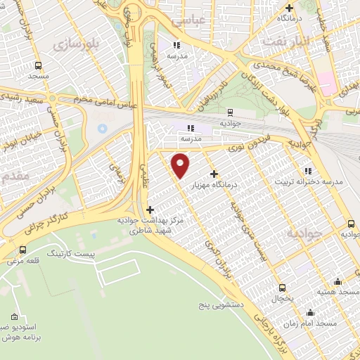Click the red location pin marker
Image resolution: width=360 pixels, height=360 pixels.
coord(181,165)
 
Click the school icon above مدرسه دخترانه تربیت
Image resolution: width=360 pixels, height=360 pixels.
coord(307,170)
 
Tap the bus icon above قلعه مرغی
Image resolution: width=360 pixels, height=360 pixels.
coord(23,250)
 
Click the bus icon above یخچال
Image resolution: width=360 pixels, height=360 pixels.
coord(283,287)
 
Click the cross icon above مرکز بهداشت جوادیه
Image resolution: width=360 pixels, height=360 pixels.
coord(150,209)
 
